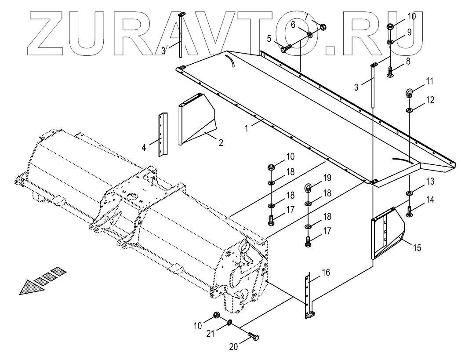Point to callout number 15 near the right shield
417,248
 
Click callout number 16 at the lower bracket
326,273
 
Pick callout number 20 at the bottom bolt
233,347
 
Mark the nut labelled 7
321,27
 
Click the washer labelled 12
409,109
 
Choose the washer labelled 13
409,193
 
